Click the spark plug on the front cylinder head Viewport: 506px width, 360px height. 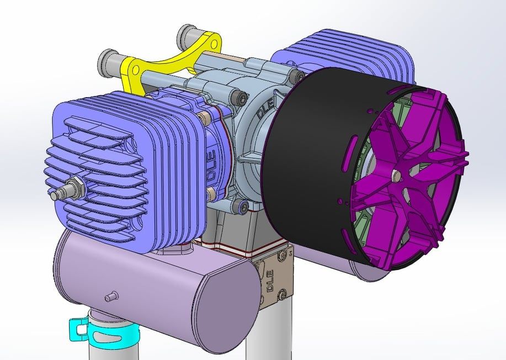pos(67,189)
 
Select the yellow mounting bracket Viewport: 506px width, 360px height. pos(168,63)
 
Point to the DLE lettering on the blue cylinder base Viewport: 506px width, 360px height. pos(211,167)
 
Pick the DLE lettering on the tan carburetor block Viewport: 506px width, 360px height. pos(269,280)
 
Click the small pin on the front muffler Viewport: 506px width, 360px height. pos(111,296)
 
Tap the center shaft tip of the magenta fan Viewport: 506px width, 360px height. pos(396,174)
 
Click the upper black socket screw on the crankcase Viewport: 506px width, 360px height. pos(242,97)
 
